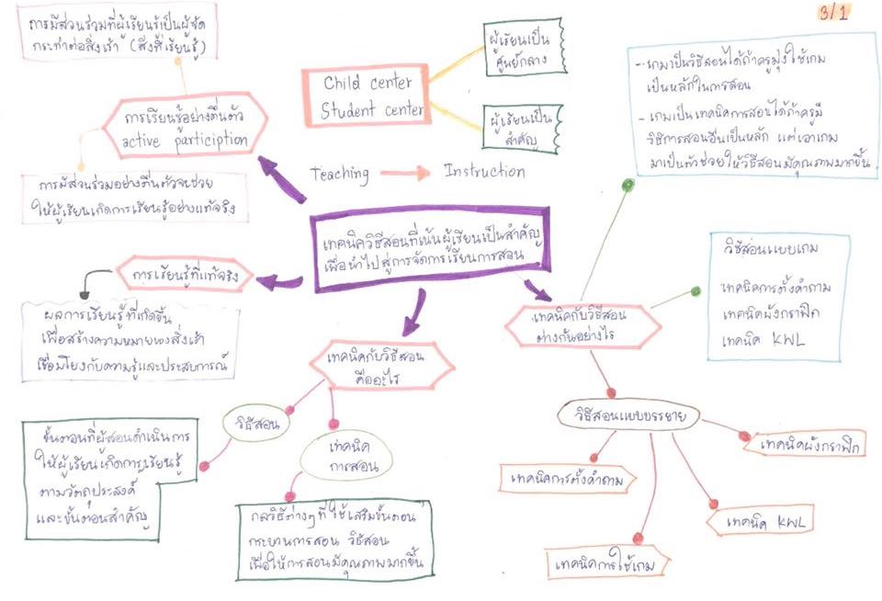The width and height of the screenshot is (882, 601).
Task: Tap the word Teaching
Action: [x=339, y=173]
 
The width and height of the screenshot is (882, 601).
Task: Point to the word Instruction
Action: [x=484, y=172]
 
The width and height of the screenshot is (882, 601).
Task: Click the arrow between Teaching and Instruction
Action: [x=404, y=173]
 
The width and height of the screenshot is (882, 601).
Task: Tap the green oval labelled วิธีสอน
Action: [x=252, y=425]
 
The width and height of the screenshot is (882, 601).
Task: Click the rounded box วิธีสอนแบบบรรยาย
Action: [x=628, y=416]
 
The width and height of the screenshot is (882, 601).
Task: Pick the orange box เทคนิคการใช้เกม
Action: [x=605, y=563]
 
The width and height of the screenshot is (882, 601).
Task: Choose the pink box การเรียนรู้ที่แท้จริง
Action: [x=185, y=274]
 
